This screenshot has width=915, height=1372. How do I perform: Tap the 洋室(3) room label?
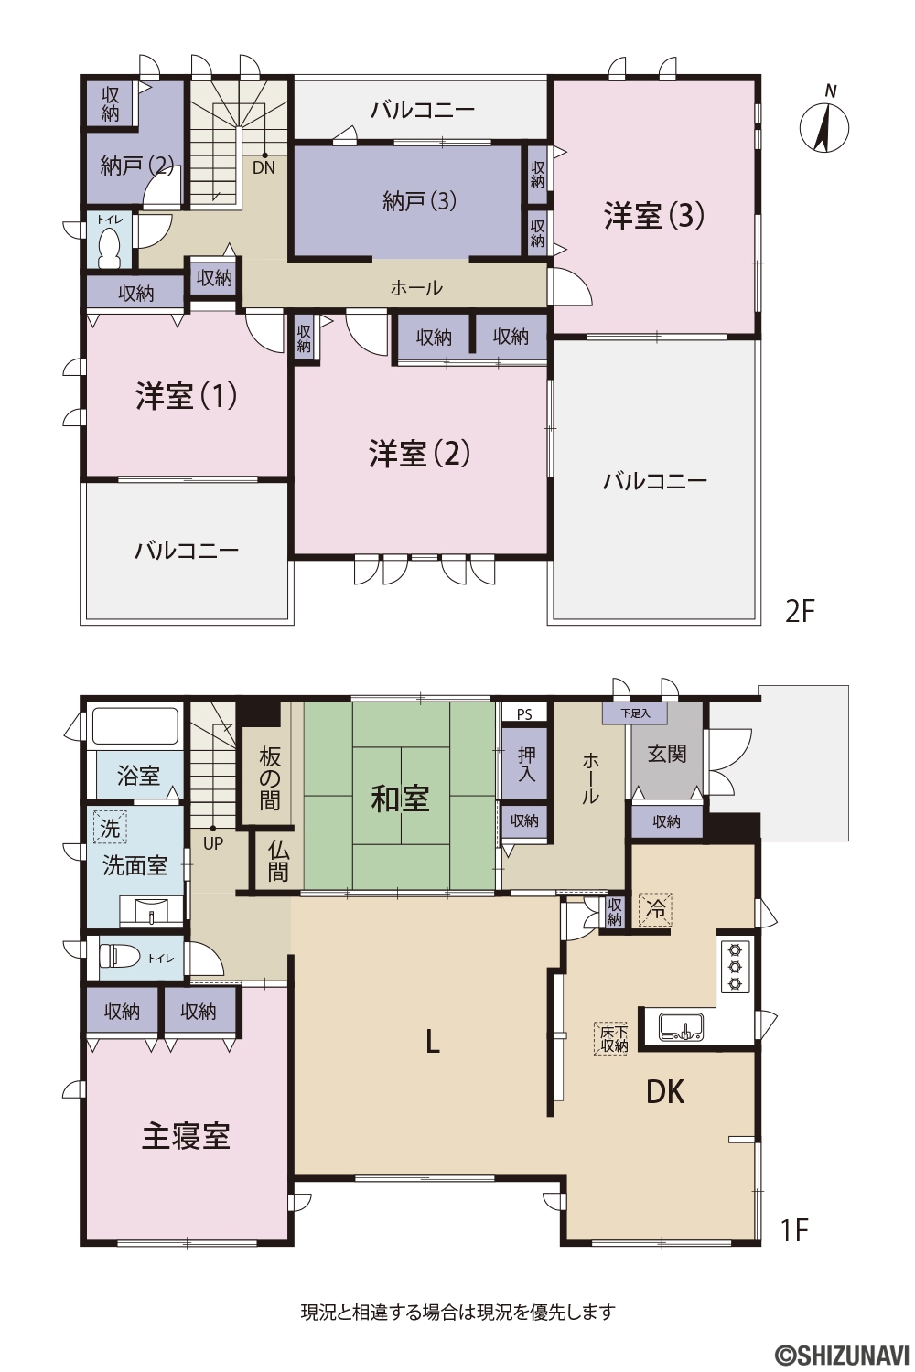654,216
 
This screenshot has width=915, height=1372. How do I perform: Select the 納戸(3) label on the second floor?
419,201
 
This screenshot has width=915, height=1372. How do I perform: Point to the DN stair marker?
264,167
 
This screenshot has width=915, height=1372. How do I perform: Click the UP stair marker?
212,843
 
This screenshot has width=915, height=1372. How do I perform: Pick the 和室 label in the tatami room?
400,799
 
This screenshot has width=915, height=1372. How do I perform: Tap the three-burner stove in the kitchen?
735,968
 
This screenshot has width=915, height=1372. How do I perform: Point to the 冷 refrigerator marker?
656,909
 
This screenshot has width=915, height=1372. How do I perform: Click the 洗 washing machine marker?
111,827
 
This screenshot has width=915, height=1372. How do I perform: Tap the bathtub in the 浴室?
135,726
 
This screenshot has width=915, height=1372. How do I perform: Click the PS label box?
524,714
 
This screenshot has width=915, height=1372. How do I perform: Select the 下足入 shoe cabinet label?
635,713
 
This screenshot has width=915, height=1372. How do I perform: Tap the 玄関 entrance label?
667,754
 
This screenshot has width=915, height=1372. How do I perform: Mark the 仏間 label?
277,860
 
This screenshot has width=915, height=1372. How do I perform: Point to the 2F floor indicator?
801,611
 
